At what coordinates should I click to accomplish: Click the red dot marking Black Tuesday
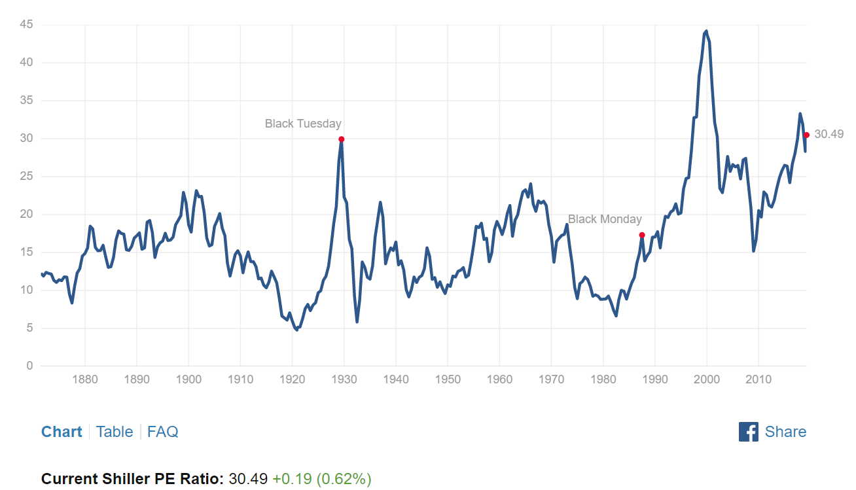tap(341, 139)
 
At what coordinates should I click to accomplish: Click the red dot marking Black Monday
tap(642, 235)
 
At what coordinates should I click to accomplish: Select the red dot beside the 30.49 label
tap(806, 135)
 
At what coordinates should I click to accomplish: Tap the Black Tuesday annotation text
tap(303, 124)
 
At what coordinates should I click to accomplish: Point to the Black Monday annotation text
tap(605, 219)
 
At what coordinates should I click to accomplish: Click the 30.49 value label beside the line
tap(829, 134)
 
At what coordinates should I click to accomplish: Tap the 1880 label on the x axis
tap(85, 379)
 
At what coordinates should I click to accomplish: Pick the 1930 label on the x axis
tap(344, 379)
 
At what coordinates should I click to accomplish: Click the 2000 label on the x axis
tap(707, 379)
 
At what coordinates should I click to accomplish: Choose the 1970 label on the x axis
tap(551, 379)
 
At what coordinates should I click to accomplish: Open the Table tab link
tap(115, 432)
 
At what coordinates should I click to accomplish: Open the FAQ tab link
tap(162, 432)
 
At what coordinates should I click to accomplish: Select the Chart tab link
tap(62, 432)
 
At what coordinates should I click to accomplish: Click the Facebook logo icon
tap(748, 432)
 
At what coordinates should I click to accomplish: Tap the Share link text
tap(785, 432)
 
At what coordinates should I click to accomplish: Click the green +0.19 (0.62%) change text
tap(322, 479)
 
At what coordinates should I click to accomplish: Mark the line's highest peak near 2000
tap(706, 31)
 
